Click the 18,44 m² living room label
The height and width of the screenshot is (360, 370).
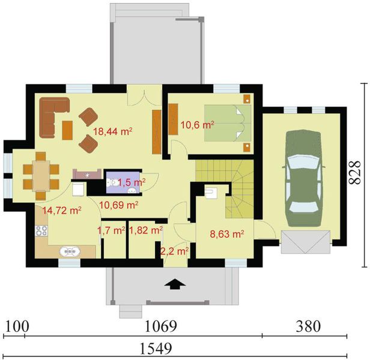[112, 131]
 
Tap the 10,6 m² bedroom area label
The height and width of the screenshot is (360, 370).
[197, 125]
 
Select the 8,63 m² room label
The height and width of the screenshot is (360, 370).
[227, 234]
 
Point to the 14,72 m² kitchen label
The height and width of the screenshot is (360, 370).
[62, 210]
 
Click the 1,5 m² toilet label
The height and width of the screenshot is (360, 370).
[132, 182]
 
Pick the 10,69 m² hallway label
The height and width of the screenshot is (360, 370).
[119, 205]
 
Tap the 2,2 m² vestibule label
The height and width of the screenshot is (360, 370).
[174, 251]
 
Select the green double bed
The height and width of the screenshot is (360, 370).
[228, 123]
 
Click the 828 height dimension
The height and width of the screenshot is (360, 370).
[354, 172]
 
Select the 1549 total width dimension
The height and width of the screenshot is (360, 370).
[156, 349]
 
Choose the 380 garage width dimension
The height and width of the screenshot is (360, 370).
[308, 326]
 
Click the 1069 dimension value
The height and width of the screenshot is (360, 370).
[160, 326]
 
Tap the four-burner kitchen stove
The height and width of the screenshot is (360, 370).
[41, 230]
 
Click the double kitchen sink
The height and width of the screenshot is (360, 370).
[70, 252]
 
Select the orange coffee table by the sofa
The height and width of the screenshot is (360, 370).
[67, 130]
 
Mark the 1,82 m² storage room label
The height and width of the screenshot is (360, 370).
[146, 230]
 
